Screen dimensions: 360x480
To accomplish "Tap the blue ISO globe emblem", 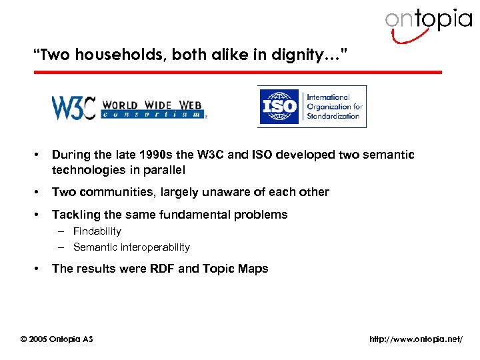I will pos(280,107).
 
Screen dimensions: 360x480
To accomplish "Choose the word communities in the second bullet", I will pos(119,192).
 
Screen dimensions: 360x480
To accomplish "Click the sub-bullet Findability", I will pos(97,231).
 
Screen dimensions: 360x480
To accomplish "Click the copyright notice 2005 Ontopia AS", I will pos(57,339).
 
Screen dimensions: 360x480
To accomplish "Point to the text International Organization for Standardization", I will pos(334,107).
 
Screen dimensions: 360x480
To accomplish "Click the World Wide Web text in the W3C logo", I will pos(153,105).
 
